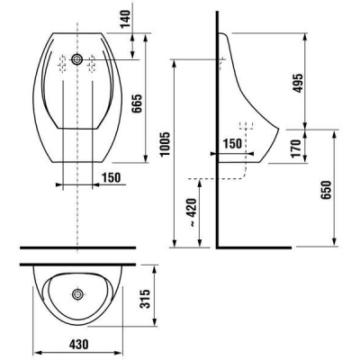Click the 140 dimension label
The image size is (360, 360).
(x=127, y=19)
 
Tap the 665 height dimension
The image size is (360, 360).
(x=137, y=103)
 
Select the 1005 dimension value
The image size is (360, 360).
(x=166, y=144)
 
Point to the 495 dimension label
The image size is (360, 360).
(x=298, y=83)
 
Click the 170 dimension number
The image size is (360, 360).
(x=296, y=148)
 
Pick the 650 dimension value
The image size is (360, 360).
(x=326, y=190)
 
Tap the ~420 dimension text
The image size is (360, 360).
(x=192, y=212)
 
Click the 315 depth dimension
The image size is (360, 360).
(x=145, y=299)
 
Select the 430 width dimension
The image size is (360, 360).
(x=79, y=344)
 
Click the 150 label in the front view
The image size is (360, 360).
(x=111, y=177)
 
